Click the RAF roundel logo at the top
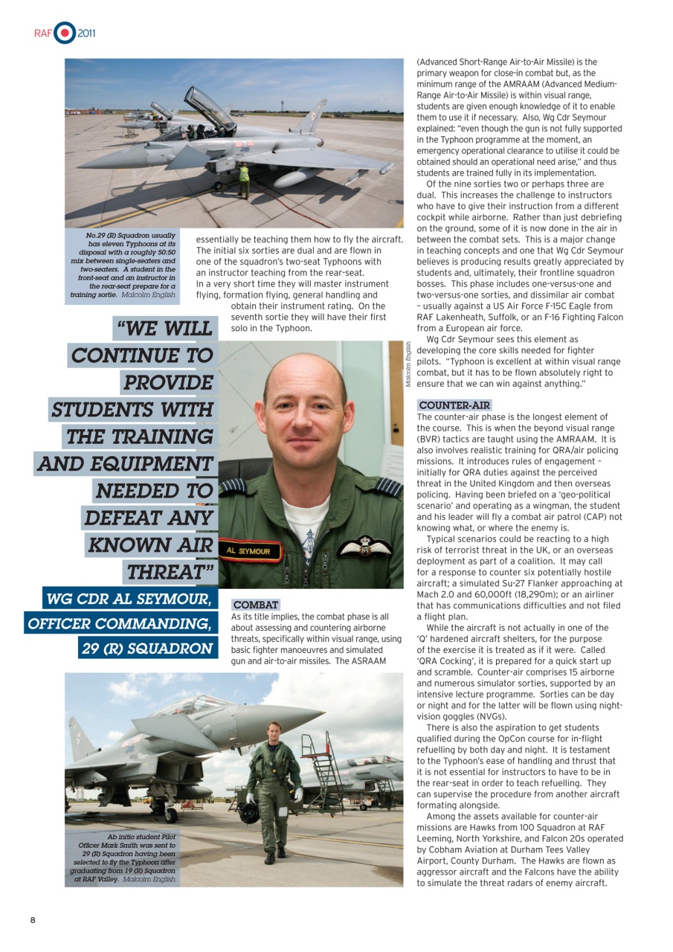65,33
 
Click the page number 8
33,920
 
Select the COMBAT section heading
256,605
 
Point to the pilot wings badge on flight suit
364,547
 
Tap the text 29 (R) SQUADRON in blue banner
146,648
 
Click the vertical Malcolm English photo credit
408,364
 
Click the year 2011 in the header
86,33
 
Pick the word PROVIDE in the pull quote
168,383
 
